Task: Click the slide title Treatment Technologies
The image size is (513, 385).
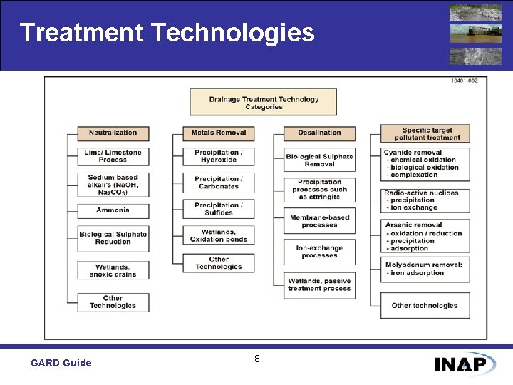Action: [x=167, y=33]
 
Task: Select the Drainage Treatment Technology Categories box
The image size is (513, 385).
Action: [x=264, y=103]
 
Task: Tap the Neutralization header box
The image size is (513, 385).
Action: [x=113, y=133]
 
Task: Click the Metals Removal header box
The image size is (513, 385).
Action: [x=219, y=133]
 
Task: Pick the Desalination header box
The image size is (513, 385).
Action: [x=319, y=133]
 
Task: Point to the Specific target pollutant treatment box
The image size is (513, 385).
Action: [x=425, y=133]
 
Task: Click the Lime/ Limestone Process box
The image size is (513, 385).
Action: [x=113, y=156]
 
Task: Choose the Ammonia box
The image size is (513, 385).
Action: [x=113, y=210]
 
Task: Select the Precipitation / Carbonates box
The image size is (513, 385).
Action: [x=219, y=183]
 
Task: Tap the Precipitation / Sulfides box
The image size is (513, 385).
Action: [x=219, y=209]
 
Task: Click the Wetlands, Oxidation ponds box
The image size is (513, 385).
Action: [x=219, y=235]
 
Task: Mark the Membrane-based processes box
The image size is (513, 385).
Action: [x=319, y=221]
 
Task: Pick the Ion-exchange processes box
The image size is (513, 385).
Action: [x=319, y=252]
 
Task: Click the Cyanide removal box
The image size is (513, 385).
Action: [x=425, y=164]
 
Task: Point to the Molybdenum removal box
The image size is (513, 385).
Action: [x=425, y=269]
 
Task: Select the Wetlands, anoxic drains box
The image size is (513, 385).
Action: [x=113, y=270]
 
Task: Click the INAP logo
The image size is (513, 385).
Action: [x=465, y=364]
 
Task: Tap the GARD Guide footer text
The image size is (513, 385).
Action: [x=61, y=363]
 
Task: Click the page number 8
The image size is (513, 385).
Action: [x=257, y=359]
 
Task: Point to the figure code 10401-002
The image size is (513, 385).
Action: [x=464, y=81]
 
